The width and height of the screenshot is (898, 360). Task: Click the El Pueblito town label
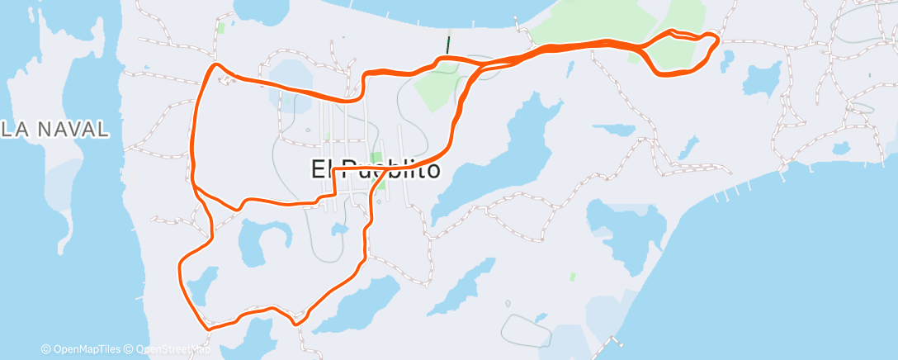(376, 169)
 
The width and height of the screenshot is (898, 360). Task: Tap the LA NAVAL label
(54, 129)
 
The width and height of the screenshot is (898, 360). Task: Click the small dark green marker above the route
(447, 45)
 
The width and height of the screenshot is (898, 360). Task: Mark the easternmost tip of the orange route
(718, 38)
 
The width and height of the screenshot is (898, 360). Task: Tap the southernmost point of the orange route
(208, 329)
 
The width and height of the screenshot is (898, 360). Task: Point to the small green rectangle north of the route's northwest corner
(220, 27)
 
